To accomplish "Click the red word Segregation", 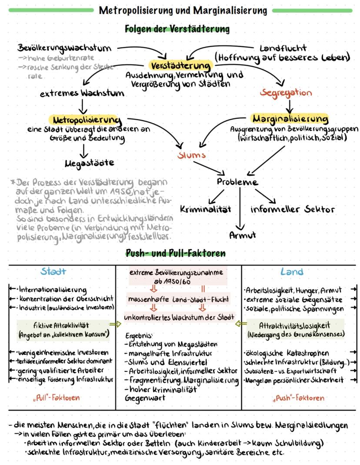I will (x=286, y=93).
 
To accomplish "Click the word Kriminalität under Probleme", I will (x=204, y=209).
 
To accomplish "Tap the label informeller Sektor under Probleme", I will (x=293, y=209).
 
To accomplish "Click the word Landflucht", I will (x=283, y=47).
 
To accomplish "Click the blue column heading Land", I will (x=292, y=272).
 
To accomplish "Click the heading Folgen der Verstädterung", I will (x=177, y=29).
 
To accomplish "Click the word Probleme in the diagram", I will (x=237, y=182).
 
